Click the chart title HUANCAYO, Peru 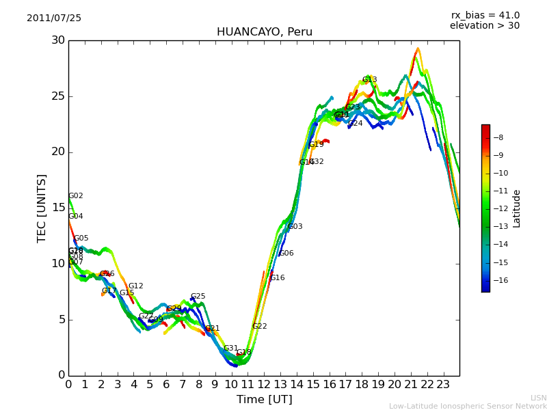coord(264,32)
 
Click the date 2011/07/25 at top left coord(54,18)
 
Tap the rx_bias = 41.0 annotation coord(485,15)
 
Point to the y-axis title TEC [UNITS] coord(42,208)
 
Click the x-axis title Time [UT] coord(264,400)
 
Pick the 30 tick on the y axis coord(57,40)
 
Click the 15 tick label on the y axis coord(57,208)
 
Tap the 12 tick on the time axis coord(265,385)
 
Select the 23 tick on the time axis coord(444,385)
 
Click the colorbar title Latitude coord(517,208)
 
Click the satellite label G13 coord(370,80)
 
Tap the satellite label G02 coord(75,196)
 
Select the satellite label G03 coord(295,227)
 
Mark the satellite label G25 coord(198,297)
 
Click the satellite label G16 coord(277,278)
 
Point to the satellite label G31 coord(230,348)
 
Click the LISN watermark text coord(538,398)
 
